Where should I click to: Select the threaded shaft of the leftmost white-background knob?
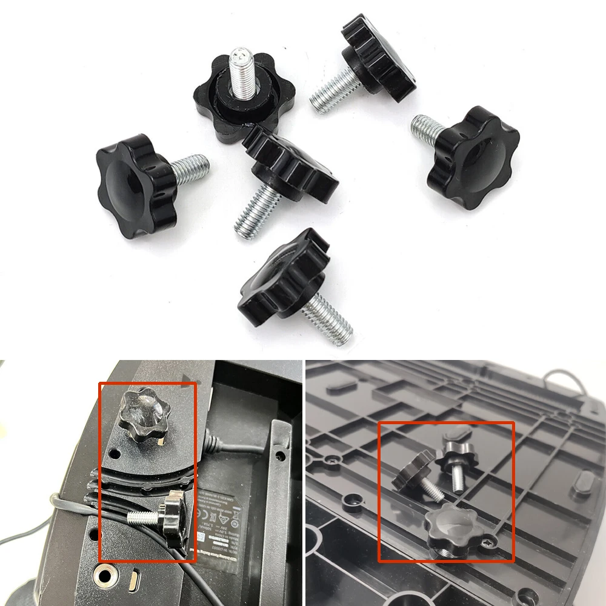pyautogui.click(x=190, y=169)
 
